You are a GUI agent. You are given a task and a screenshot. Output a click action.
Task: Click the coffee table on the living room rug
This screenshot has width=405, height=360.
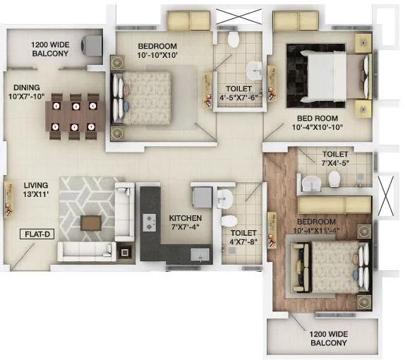91,222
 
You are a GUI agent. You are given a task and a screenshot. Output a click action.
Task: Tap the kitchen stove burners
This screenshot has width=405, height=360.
150,222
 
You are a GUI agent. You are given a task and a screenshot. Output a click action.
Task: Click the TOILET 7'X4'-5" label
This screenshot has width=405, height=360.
334,158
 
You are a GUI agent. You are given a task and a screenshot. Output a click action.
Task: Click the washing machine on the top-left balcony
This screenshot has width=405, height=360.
91,45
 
